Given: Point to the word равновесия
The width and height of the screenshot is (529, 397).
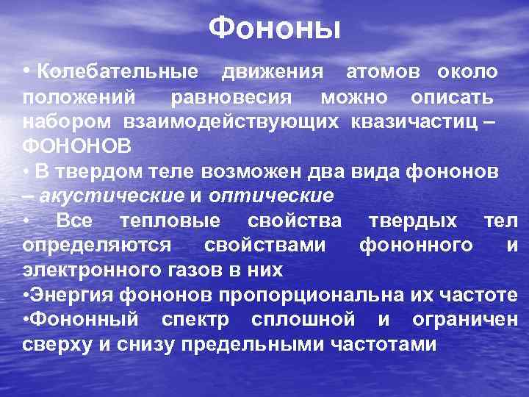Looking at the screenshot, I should (x=231, y=97).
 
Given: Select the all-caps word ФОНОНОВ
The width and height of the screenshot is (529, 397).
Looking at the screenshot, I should (x=77, y=146).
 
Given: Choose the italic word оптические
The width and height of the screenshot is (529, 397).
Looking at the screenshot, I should (x=271, y=196).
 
